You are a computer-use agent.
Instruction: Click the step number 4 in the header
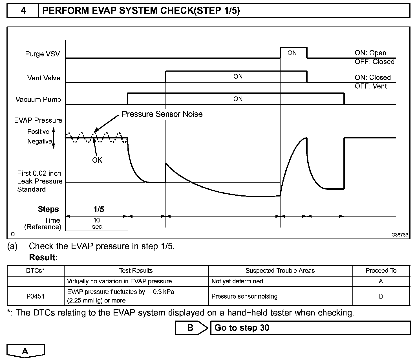point(23,11)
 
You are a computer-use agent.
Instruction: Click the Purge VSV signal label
point(43,54)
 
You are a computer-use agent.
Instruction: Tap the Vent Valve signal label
point(44,78)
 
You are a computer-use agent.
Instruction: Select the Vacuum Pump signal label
point(38,100)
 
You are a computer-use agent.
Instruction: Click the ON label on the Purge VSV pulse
point(292,53)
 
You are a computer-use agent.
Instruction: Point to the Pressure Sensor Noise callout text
point(162,114)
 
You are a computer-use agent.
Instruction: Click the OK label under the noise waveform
point(97,160)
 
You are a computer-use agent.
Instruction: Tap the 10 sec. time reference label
point(97,224)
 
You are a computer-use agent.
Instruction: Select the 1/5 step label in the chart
point(99,209)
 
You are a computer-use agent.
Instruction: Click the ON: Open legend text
point(370,53)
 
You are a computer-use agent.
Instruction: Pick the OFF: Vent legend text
point(371,86)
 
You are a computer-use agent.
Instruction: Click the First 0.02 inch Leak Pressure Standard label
point(39,181)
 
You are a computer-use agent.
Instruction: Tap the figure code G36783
point(399,235)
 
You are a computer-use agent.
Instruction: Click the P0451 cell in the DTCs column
point(36,296)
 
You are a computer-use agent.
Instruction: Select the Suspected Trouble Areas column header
point(280,271)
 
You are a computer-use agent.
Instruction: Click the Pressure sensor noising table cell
point(244,296)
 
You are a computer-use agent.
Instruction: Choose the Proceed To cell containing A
point(381,281)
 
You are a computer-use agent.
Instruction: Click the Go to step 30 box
point(310,328)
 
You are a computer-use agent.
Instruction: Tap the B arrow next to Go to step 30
point(191,328)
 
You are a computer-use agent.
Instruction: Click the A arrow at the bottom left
point(25,351)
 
